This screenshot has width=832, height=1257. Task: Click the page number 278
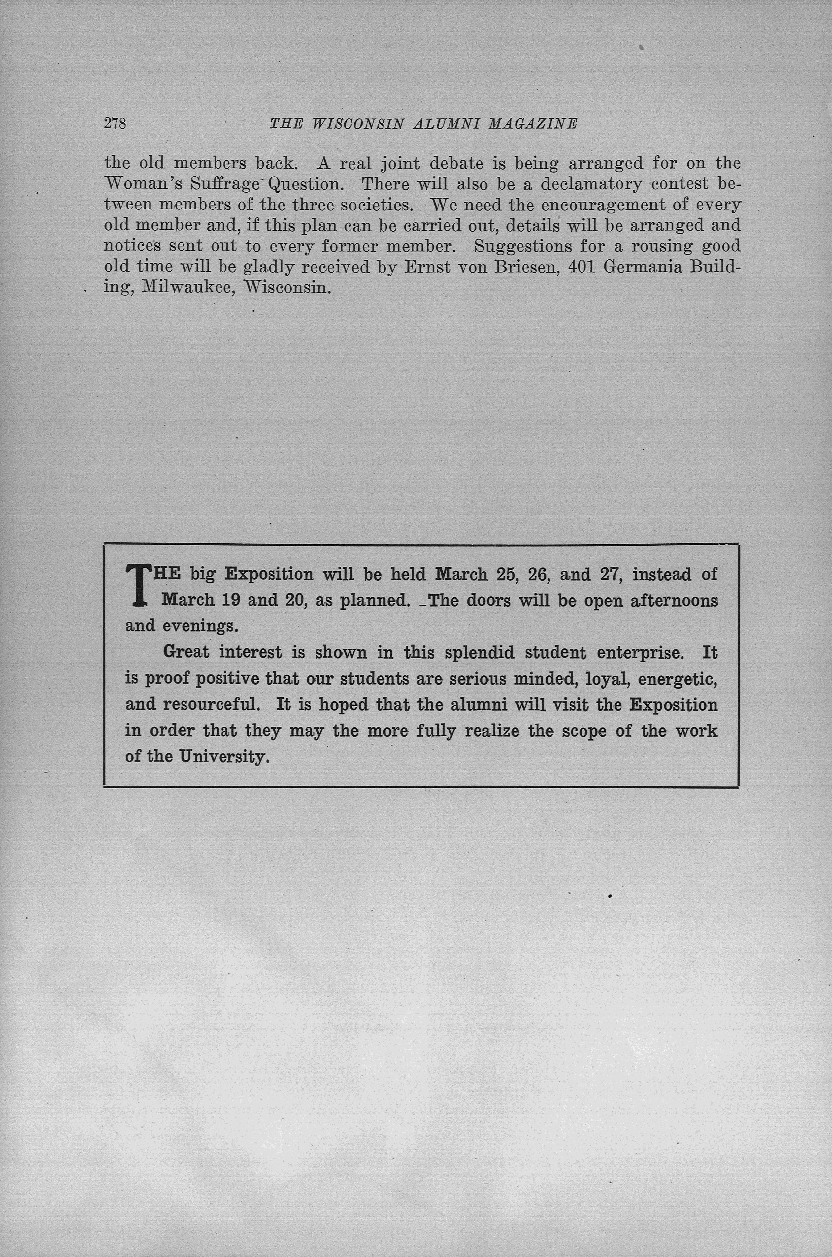115,124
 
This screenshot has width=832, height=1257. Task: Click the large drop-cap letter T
137,586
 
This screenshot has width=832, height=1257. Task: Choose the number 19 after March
230,600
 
